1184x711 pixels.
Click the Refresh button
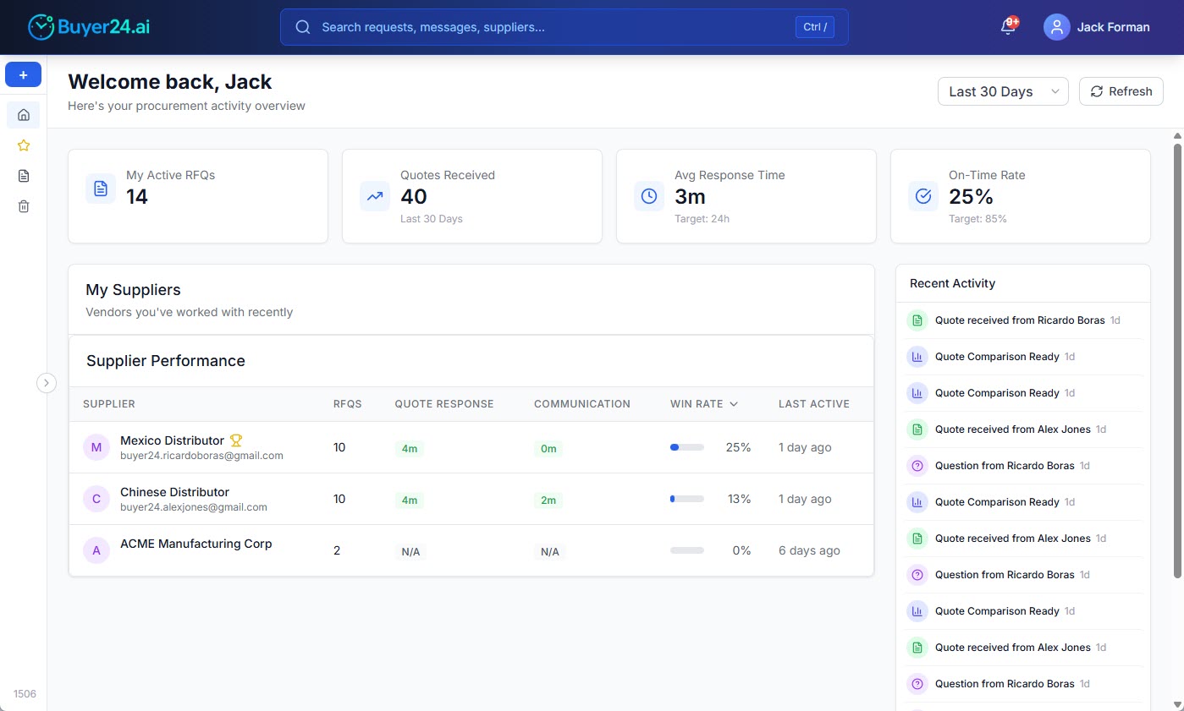[x=1121, y=91]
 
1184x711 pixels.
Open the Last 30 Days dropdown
[x=1002, y=91]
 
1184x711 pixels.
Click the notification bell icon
[x=1007, y=27]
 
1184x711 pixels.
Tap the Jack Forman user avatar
[x=1056, y=27]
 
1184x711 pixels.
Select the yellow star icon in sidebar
[x=24, y=145]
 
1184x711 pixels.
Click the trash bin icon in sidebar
[x=24, y=206]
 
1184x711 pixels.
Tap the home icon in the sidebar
[x=24, y=115]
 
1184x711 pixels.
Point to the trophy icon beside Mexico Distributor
[x=236, y=440]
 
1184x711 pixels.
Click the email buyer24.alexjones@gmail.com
[x=194, y=507]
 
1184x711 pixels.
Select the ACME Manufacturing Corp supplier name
[x=196, y=544]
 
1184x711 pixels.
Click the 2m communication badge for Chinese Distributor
[x=548, y=500]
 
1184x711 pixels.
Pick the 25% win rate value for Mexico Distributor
[x=738, y=447]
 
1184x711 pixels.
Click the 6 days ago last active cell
[x=809, y=550]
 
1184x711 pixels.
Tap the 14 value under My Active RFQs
[x=137, y=197]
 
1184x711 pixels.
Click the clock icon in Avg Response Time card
[x=649, y=196]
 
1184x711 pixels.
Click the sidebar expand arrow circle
[x=47, y=383]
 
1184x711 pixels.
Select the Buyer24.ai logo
[x=89, y=27]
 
